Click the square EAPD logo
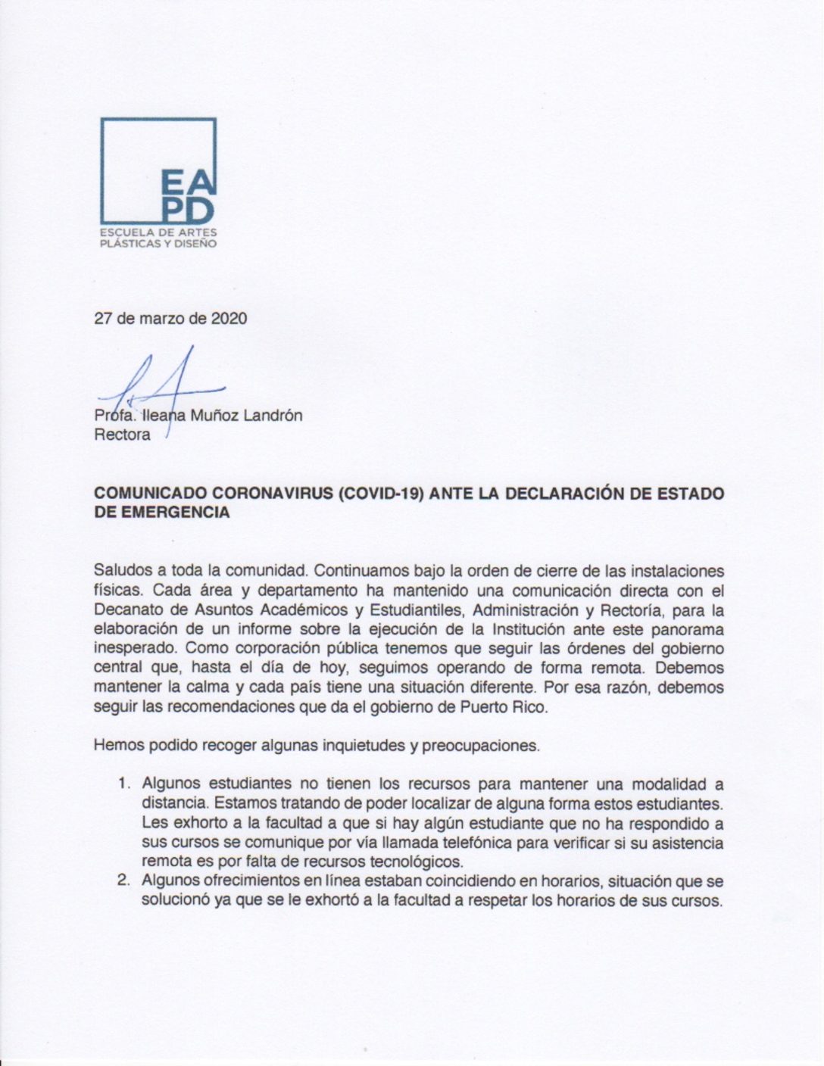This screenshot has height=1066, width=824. (x=158, y=170)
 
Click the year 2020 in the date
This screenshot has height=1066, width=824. (x=229, y=319)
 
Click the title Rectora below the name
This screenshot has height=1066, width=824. (x=122, y=435)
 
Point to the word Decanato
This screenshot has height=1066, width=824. (x=124, y=609)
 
